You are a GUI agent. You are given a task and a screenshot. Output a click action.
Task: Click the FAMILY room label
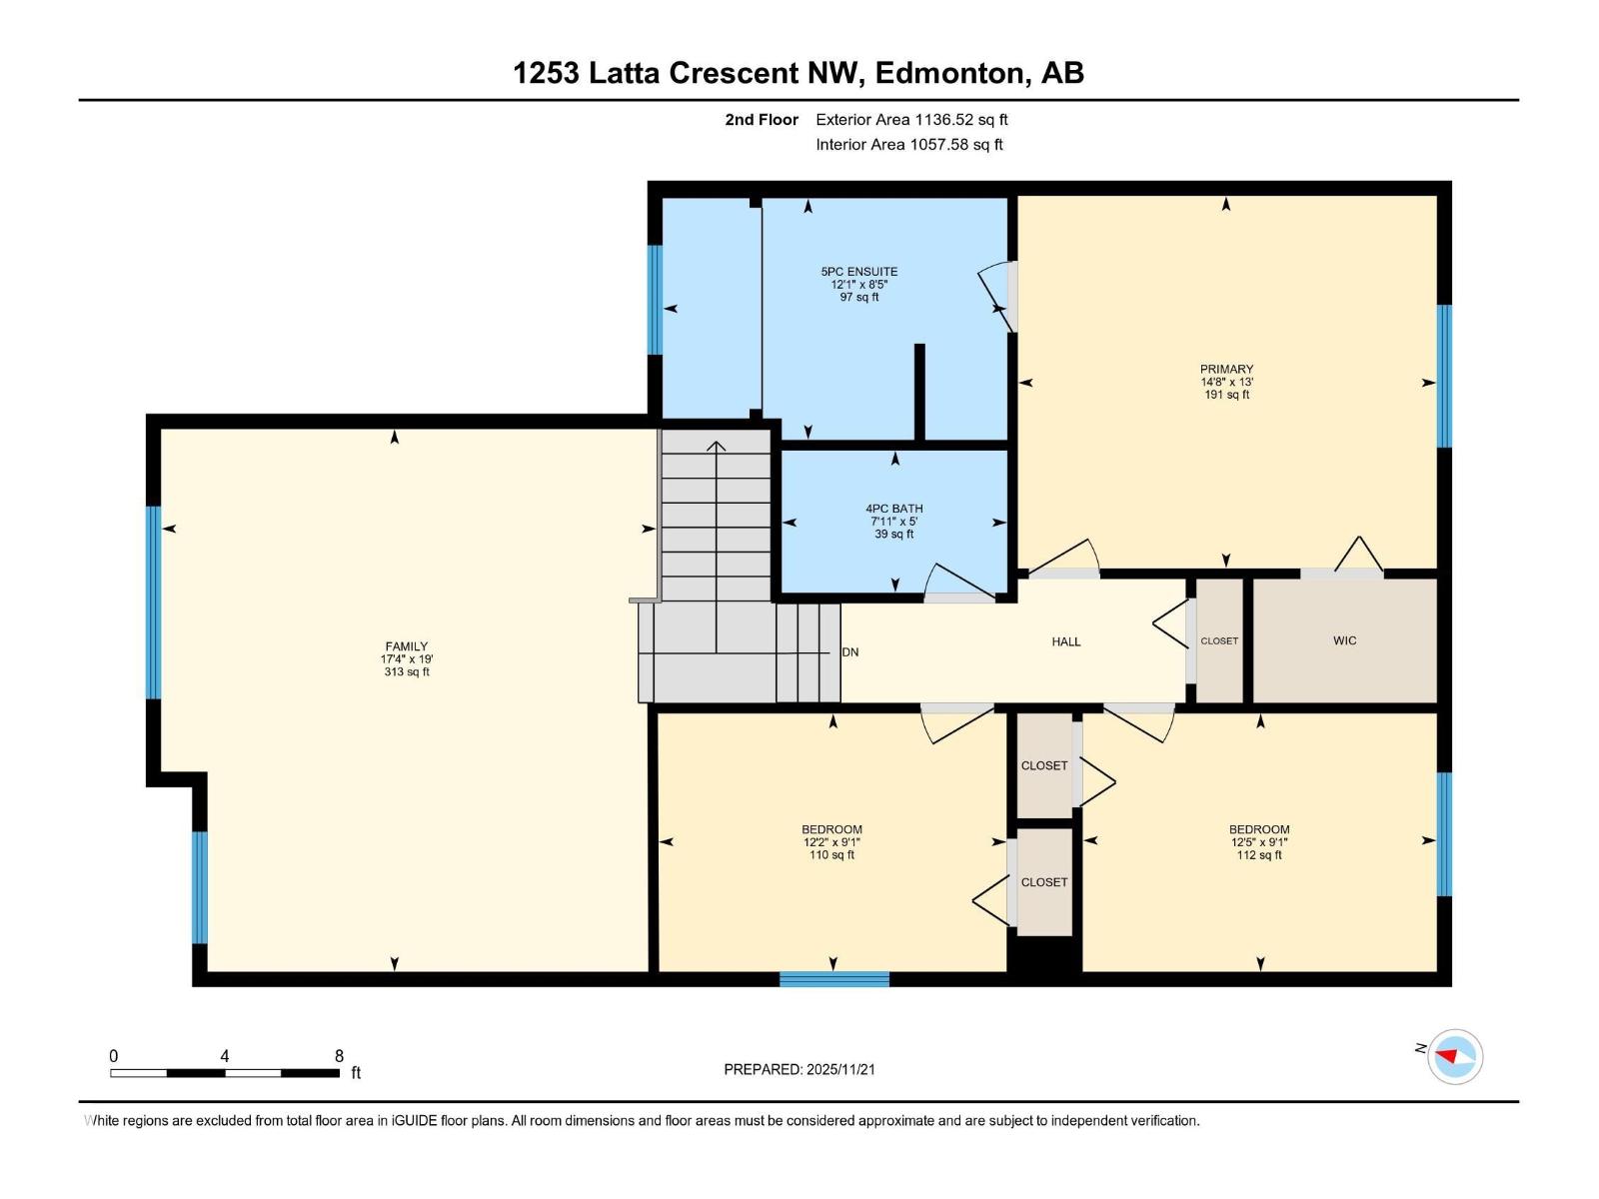(x=406, y=646)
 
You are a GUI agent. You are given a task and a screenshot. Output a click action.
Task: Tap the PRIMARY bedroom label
(x=1226, y=369)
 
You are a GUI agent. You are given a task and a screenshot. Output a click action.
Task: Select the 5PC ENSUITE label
(x=858, y=272)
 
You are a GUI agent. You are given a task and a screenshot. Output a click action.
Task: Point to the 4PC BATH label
(x=893, y=509)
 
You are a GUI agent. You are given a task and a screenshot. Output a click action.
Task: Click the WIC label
(x=1344, y=640)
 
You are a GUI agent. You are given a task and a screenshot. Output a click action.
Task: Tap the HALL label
(x=1065, y=641)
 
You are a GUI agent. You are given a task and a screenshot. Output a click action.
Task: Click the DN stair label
(x=850, y=652)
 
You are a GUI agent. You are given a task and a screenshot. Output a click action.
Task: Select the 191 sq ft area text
(x=1226, y=395)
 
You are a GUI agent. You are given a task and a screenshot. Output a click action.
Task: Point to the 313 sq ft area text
(x=406, y=672)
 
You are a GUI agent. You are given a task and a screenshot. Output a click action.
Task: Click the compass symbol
(x=1454, y=1056)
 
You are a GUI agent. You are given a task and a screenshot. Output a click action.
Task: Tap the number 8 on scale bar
(x=339, y=1056)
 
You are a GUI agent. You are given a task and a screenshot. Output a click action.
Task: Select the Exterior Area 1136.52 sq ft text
(x=910, y=120)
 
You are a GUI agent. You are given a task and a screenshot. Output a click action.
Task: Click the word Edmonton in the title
(x=949, y=73)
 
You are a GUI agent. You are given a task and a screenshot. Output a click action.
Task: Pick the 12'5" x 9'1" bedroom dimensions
(x=1258, y=842)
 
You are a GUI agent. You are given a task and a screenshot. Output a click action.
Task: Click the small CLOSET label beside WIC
(x=1218, y=641)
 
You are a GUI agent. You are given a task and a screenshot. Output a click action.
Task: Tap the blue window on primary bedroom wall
(x=1443, y=376)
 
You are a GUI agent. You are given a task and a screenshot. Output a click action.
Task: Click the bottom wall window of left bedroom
(x=833, y=979)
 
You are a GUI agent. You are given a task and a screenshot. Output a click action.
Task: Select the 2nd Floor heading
(x=762, y=120)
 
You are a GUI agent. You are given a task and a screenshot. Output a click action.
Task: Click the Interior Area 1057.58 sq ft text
(x=908, y=145)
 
